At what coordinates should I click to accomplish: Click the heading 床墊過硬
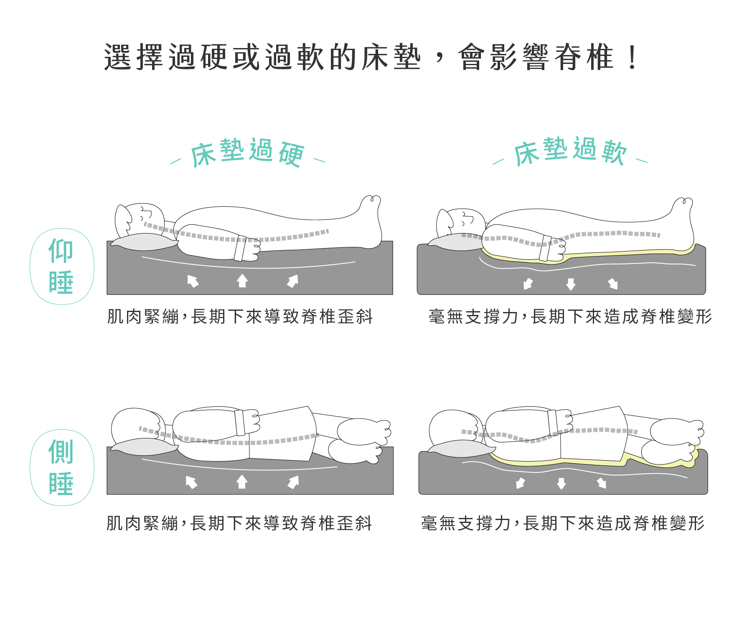coord(247,153)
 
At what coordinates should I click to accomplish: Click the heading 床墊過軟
coord(570,151)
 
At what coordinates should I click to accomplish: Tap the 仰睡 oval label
coord(62,266)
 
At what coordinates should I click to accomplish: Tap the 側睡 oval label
coord(62,467)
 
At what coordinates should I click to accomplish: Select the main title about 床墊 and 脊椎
coord(370,57)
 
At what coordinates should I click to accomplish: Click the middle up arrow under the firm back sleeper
coord(242,281)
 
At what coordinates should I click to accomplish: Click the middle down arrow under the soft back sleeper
coord(571,284)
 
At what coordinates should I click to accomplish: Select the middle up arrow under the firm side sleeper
coord(242,482)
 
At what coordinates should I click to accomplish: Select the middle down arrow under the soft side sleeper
coord(561,484)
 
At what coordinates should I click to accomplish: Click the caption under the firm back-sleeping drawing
coord(240,317)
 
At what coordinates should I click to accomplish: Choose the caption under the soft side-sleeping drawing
coord(563,523)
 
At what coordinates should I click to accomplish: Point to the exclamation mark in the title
coord(633,57)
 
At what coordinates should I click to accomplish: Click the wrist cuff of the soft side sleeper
coord(553,422)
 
